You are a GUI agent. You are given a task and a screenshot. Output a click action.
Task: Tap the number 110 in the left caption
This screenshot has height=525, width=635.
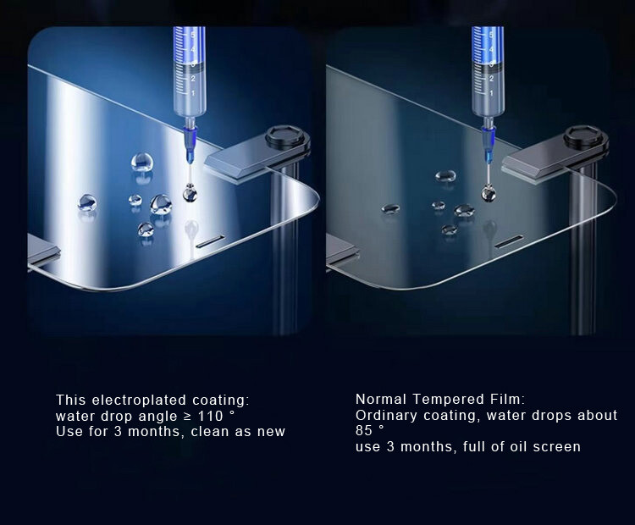210,416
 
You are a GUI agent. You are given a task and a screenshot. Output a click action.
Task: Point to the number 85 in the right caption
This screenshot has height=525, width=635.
364,430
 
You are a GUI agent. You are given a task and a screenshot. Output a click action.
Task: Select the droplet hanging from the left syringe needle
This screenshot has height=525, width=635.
190,194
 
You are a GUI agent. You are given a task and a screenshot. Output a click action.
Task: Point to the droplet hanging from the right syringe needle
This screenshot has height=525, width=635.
488,193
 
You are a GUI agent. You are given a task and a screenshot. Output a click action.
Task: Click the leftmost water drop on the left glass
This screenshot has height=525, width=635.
87,202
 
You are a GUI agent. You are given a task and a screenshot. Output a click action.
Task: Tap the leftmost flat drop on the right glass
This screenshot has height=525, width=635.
390,208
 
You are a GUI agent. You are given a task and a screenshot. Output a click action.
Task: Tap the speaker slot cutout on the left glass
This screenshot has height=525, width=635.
210,240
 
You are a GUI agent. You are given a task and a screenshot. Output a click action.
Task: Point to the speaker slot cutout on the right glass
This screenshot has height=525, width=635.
509,240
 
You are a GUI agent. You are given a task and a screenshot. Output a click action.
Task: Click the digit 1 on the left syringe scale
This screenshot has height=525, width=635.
193,93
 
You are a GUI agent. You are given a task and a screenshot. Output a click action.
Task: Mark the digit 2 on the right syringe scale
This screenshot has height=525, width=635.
491,78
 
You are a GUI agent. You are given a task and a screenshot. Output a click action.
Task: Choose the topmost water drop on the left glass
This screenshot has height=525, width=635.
141,162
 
